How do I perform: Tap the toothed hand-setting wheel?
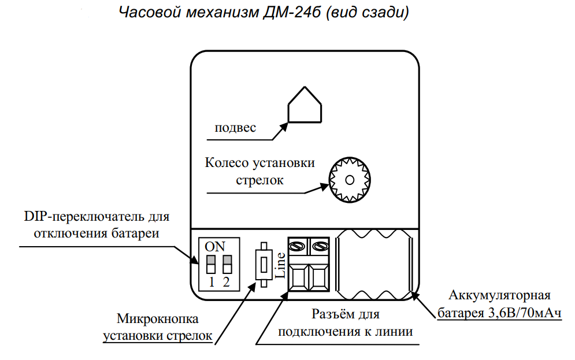[349, 180]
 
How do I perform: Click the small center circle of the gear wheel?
[349, 180]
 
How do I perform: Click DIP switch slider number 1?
[211, 265]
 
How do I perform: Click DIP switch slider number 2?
[227, 265]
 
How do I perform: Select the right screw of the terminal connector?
[320, 247]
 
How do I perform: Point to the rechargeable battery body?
[374, 263]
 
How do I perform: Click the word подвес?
[235, 128]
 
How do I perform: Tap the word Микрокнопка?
[158, 319]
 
